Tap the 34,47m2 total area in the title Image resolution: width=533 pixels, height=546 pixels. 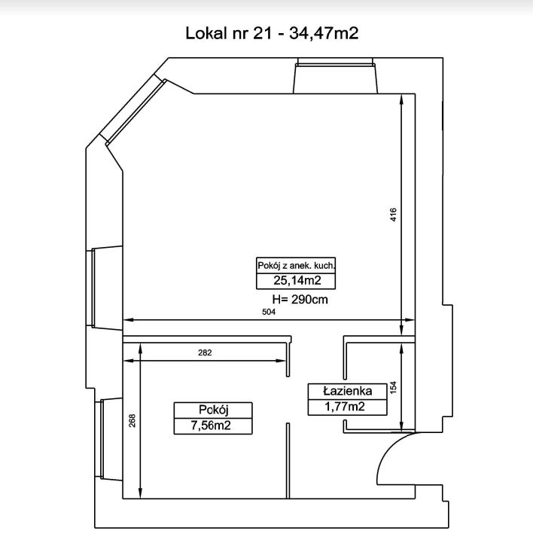[324, 34]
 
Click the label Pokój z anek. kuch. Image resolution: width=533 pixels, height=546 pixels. [296, 266]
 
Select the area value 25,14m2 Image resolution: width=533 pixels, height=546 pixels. [297, 280]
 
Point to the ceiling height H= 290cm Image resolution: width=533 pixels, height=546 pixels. [300, 300]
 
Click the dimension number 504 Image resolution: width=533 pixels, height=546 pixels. [269, 312]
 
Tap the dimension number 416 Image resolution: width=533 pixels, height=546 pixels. [393, 215]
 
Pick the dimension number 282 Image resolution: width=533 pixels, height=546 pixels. [205, 352]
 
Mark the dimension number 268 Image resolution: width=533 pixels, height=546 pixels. [132, 421]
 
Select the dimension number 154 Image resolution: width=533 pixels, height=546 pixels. [394, 388]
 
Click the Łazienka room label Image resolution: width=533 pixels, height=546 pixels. [348, 391]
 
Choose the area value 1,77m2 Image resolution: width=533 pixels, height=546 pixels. [345, 407]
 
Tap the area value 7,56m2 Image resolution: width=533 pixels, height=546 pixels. [211, 426]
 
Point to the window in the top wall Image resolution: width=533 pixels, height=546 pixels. [335, 76]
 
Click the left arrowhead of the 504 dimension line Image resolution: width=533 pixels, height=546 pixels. [129, 319]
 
